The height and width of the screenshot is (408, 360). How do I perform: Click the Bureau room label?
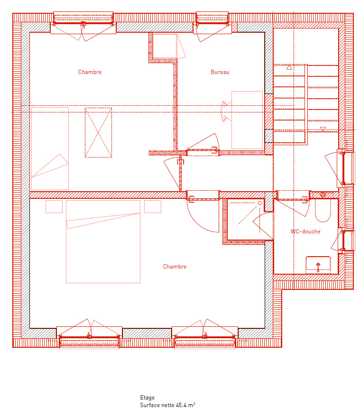220,72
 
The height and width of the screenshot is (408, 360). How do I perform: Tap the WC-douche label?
305,232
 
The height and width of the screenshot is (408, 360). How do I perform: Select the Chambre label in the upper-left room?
90,72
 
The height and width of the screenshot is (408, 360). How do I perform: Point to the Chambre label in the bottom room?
175,267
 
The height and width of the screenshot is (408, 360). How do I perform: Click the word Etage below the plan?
147,398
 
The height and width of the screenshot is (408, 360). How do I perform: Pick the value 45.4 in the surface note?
181,405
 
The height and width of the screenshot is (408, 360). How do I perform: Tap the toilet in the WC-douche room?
323,211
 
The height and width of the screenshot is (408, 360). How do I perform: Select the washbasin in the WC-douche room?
318,264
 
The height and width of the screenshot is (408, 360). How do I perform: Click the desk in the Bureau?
247,120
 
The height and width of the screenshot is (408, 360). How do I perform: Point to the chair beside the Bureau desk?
226,112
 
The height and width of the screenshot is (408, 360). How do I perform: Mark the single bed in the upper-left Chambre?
50,148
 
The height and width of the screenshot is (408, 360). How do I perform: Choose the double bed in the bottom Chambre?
103,241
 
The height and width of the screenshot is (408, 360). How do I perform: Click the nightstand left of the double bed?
54,206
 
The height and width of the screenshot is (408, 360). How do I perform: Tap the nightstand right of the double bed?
152,206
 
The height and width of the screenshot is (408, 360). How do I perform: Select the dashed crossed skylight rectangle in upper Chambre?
98,133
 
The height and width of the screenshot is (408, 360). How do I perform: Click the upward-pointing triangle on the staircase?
289,68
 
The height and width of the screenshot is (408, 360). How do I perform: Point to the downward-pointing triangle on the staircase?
323,129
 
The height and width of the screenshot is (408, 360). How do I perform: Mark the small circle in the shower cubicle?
259,203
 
